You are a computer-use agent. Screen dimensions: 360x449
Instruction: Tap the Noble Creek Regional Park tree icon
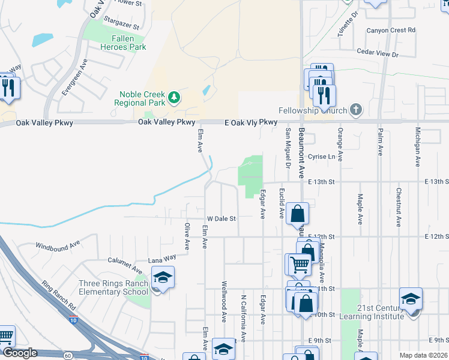coord(174,97)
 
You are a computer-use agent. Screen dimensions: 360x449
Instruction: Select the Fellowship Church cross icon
coord(356,110)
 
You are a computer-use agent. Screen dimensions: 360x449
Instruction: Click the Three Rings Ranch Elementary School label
coord(113,287)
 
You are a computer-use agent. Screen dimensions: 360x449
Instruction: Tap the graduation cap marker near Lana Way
coord(162,278)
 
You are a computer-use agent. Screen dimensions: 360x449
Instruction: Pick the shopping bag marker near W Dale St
coord(298,214)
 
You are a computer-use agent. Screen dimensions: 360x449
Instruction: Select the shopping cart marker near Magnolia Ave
coord(298,264)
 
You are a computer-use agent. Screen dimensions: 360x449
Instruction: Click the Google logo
coord(20,353)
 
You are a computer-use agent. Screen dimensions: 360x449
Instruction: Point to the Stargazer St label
coord(121,26)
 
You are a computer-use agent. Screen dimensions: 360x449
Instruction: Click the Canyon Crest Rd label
coord(391,30)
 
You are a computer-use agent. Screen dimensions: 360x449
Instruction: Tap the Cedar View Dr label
coord(378,53)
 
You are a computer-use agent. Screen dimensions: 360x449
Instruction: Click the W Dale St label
coord(222,219)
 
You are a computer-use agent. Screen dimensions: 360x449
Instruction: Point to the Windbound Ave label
coord(58,245)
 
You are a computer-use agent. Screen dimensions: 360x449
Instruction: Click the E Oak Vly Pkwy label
coord(251,122)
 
